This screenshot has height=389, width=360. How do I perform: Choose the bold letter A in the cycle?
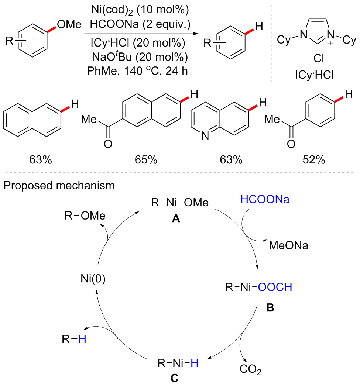pos(176,219)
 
